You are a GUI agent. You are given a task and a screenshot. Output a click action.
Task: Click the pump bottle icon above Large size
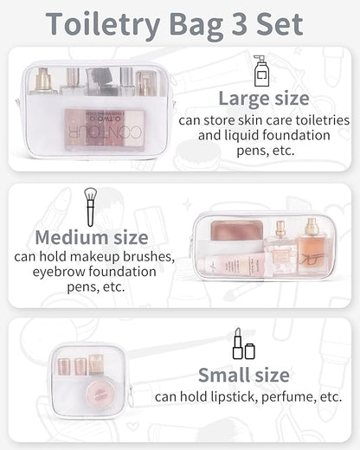click(261, 71)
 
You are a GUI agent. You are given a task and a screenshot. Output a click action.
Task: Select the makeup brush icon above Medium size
click(90, 207)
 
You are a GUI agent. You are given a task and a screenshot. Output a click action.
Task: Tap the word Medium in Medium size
click(72, 237)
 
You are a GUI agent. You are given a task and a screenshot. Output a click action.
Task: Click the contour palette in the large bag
click(105, 130)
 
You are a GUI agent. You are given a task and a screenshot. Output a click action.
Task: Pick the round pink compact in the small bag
click(100, 393)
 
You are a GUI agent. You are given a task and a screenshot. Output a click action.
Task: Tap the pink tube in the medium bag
click(235, 265)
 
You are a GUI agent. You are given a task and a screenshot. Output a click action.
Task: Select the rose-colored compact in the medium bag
click(237, 230)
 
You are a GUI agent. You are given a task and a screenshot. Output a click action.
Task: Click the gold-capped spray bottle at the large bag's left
click(43, 81)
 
